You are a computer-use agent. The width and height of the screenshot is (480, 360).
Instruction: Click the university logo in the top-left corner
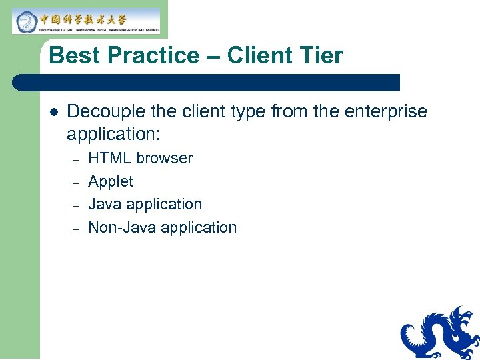(86, 21)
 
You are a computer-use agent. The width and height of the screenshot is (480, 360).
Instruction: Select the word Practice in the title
(147, 55)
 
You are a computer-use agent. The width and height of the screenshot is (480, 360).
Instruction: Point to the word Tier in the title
(321, 55)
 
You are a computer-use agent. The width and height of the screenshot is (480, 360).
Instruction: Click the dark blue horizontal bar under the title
(207, 83)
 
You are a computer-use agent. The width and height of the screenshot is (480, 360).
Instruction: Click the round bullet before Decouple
(53, 112)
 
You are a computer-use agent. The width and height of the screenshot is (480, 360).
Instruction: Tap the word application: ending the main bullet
(113, 133)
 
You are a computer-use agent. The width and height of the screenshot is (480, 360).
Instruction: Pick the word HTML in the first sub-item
(110, 159)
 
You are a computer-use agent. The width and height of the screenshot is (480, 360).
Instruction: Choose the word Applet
(111, 181)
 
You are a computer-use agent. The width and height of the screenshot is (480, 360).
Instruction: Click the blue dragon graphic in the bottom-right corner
(440, 333)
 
